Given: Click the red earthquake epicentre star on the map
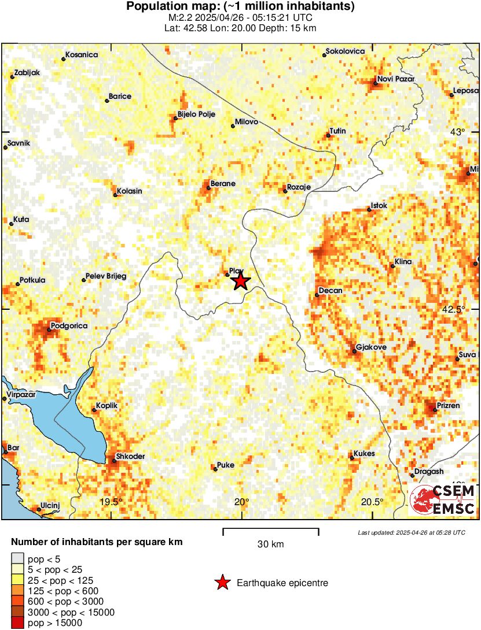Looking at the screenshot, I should coord(241,281).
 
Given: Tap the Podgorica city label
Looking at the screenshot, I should coord(69,326).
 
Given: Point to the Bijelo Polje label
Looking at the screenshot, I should coord(196,114).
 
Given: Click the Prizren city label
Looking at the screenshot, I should coord(448,406).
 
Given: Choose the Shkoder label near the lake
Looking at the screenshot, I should coord(130,457).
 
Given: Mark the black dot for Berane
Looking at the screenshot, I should coord(209,187).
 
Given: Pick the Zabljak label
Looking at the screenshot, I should coord(27,73).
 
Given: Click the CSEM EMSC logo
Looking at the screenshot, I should coord(443,500).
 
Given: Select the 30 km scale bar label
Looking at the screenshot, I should coord(270,544).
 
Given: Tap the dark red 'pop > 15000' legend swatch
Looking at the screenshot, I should coord(18,623).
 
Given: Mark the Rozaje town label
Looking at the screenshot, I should coord(299,187).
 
